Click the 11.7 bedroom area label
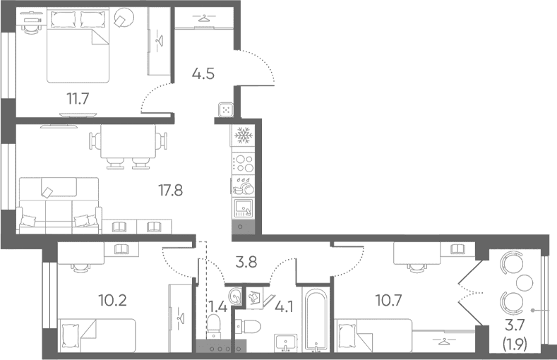78,98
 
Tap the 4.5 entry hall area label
203,74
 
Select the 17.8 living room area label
171,191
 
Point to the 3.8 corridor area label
246,263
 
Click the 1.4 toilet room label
217,306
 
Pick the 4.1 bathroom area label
285,307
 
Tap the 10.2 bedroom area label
112,301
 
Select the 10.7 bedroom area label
388,301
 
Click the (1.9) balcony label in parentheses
515,344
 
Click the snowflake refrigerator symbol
244,136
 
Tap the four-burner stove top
243,163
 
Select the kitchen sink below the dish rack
244,208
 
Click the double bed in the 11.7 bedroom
78,46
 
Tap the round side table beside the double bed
124,18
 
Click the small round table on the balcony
525,283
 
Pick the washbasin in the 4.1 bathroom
286,343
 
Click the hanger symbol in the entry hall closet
203,17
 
